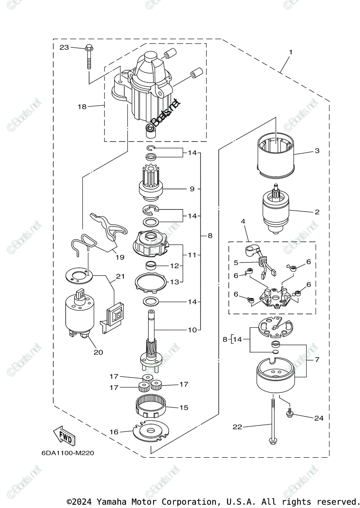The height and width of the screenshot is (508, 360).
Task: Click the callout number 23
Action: pos(64,47)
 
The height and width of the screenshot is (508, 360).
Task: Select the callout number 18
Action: pos(82,107)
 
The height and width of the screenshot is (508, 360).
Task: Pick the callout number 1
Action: pos(291,52)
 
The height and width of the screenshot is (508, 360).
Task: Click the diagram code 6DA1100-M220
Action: pos(68,453)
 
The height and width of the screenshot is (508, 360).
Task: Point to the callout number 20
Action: pos(98,352)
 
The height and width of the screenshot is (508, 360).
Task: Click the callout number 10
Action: pos(192,330)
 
